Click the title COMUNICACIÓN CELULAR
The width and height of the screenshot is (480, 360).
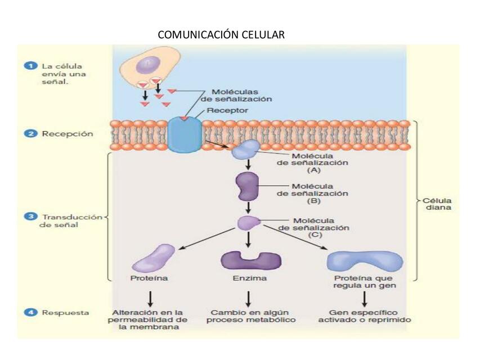[221, 35]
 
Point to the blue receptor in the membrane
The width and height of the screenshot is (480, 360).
[184, 135]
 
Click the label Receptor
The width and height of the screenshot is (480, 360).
[227, 111]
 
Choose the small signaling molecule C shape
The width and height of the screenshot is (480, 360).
[247, 222]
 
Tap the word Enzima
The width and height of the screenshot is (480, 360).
[249, 278]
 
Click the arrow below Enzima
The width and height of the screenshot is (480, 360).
[248, 298]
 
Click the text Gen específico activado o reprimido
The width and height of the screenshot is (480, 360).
[364, 316]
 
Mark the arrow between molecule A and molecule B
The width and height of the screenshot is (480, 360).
[248, 165]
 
